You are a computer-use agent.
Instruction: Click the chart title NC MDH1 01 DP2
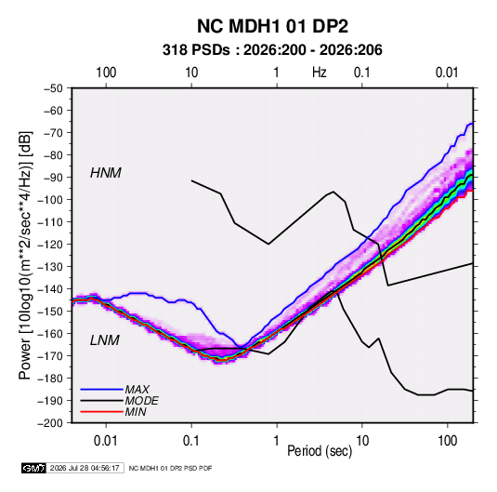(272, 26)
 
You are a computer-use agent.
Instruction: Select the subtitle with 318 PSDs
(272, 50)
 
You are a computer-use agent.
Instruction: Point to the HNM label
(106, 173)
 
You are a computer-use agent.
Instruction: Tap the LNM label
(105, 340)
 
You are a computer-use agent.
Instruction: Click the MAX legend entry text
(137, 390)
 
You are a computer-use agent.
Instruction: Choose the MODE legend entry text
(142, 401)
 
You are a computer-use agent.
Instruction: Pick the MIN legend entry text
(136, 412)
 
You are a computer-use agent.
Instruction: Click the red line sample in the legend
(102, 412)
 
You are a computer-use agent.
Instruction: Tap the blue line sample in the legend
(102, 390)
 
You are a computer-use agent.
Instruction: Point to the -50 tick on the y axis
(53, 88)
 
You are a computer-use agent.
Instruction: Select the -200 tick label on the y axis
(50, 423)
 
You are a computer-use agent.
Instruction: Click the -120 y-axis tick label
(50, 245)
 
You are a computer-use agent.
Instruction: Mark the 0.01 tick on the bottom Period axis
(106, 441)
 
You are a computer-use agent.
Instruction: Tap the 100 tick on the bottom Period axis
(448, 441)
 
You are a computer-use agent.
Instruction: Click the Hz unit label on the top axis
(320, 73)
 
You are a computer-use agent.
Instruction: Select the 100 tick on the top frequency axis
(106, 73)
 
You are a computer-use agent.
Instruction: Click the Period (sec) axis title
(320, 451)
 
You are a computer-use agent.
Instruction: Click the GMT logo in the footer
(34, 468)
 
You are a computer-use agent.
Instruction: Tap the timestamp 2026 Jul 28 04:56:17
(85, 468)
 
